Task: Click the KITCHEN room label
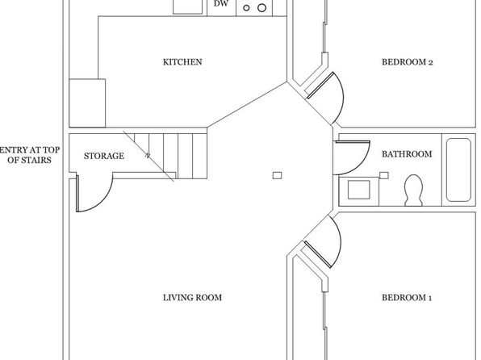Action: [182, 62]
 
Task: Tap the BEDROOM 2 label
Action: [407, 62]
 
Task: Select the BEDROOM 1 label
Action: [407, 297]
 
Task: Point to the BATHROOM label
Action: [407, 153]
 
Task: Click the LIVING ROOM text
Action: [192, 297]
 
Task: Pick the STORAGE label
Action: [104, 156]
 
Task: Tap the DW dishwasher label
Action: [221, 4]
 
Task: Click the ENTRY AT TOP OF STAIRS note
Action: [30, 155]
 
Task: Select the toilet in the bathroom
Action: [413, 190]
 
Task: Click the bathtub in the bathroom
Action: [458, 170]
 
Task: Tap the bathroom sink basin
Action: [358, 190]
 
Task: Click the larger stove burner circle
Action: [261, 8]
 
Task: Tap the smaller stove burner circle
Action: [246, 8]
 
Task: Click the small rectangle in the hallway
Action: [278, 175]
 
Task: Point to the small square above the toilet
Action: [384, 175]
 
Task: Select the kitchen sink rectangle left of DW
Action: [188, 6]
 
